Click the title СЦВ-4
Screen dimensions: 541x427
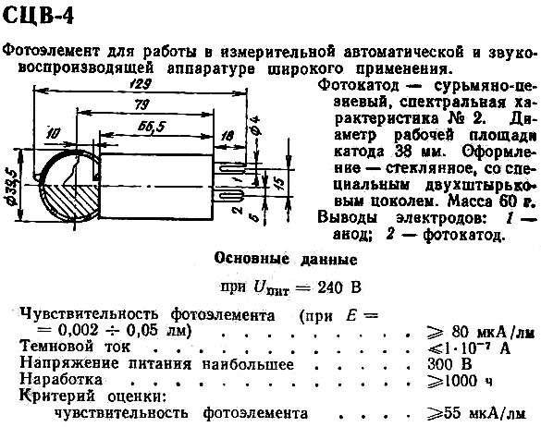click(x=38, y=16)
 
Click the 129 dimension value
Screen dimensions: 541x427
click(x=140, y=84)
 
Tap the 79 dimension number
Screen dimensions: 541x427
click(x=141, y=104)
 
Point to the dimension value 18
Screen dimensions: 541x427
click(x=227, y=136)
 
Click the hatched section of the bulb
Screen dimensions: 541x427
click(x=70, y=201)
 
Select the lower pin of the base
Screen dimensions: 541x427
click(x=229, y=197)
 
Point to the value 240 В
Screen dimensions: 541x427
click(x=339, y=287)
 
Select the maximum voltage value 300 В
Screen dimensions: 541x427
click(x=449, y=363)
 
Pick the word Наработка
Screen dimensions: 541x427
click(x=61, y=380)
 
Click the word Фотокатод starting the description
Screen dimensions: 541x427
click(x=358, y=85)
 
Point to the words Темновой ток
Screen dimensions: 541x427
click(x=76, y=347)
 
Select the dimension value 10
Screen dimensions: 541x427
click(x=53, y=133)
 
